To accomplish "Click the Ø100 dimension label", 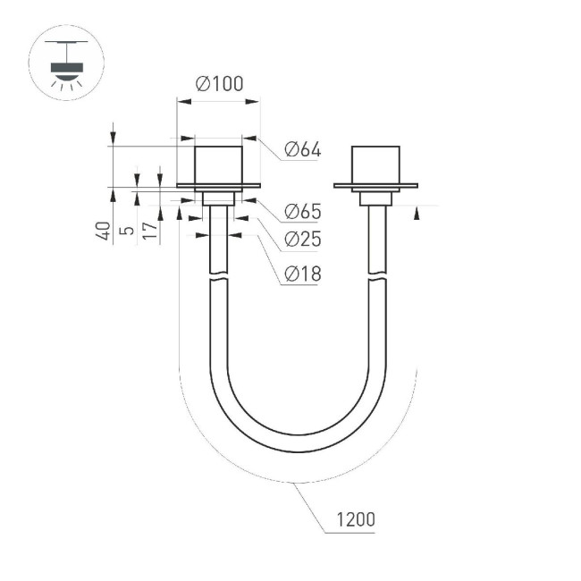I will [219, 84].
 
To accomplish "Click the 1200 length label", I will [355, 519].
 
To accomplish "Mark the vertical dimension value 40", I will [104, 231].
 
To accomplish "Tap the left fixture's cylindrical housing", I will [219, 164].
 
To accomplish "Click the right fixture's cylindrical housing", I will [375, 164].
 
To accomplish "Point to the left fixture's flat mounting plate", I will [219, 186].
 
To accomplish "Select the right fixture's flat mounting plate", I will [375, 186].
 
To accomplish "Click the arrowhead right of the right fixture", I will [418, 211].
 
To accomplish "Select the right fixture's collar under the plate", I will [375, 198].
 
